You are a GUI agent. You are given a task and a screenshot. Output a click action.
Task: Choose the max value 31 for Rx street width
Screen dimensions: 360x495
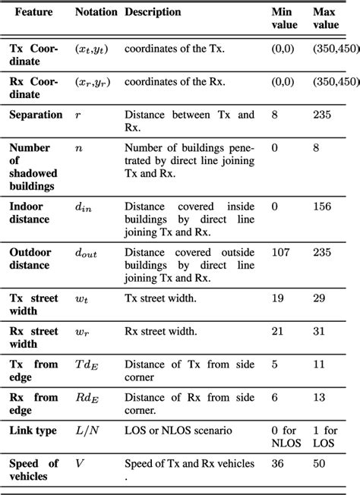(319, 331)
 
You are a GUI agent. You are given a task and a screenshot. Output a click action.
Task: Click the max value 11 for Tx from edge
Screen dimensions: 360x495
(318, 364)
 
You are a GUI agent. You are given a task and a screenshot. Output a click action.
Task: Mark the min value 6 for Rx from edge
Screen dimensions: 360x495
(275, 397)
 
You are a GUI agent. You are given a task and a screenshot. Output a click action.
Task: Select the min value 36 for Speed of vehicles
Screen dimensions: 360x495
(278, 463)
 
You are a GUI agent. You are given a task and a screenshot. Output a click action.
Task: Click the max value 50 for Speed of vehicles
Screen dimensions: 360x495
(319, 463)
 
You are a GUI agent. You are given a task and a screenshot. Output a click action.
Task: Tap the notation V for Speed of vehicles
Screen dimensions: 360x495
(79, 463)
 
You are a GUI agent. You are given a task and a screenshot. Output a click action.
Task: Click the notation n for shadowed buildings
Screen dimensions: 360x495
(78, 148)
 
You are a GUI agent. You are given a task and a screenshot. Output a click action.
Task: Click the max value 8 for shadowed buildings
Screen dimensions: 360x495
(316, 148)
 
